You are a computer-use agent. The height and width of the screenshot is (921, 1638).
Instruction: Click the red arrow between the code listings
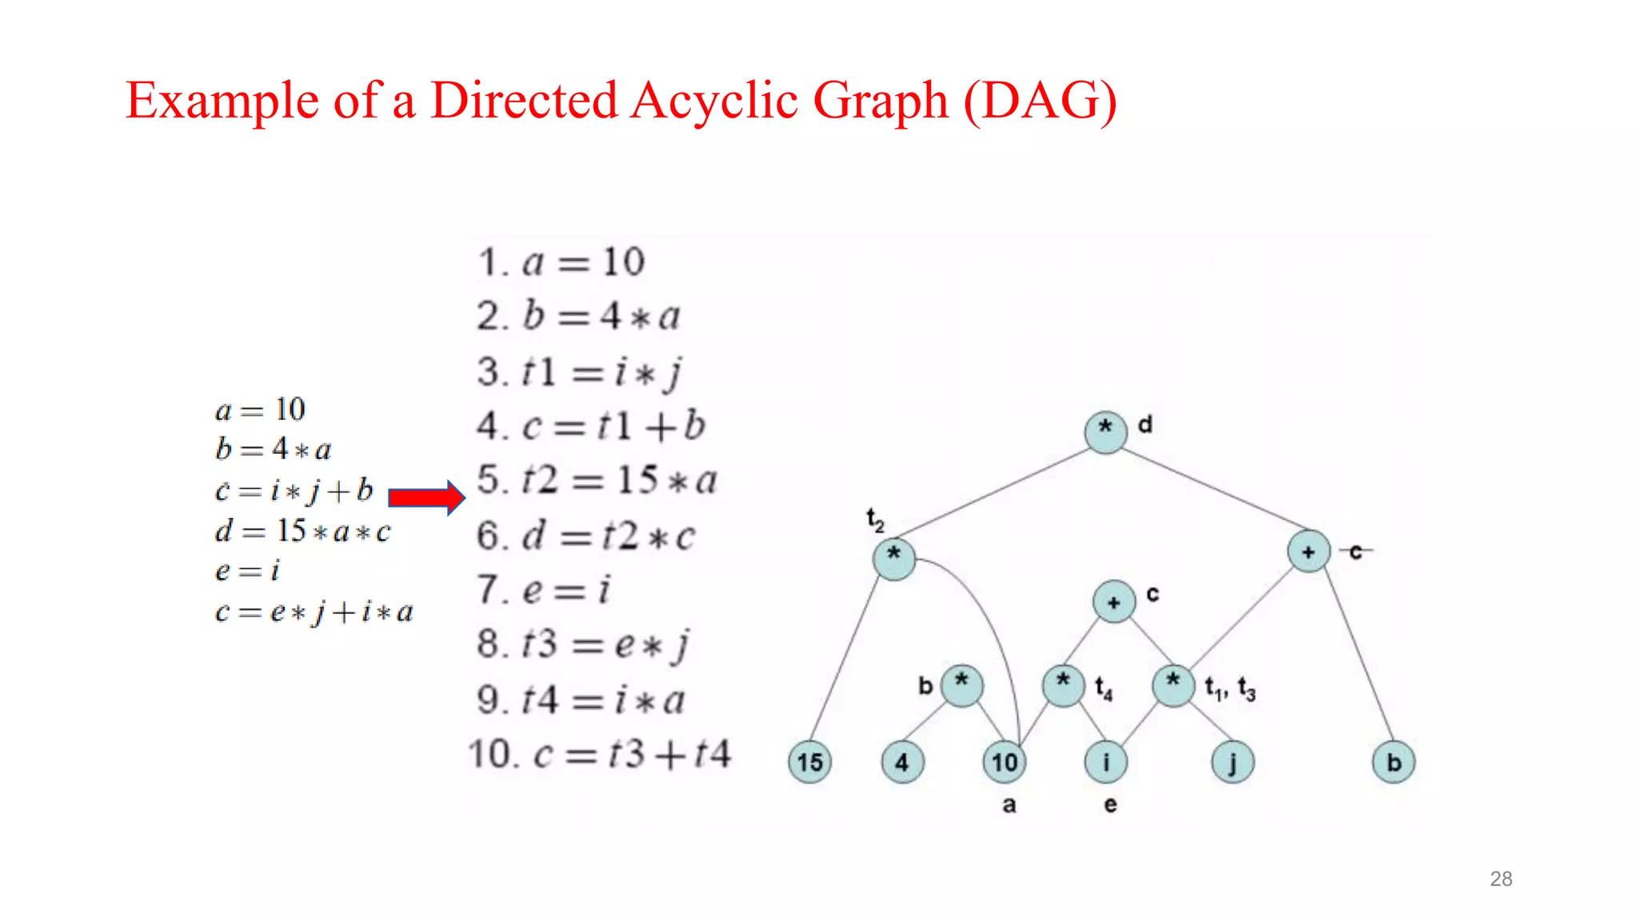point(425,498)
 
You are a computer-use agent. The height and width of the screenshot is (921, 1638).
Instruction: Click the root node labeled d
point(1105,432)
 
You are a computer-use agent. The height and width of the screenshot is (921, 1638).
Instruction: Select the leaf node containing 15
point(809,762)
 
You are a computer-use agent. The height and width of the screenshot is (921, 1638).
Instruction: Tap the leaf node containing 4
point(902,762)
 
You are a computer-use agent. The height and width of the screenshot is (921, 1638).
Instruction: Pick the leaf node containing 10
point(1005,762)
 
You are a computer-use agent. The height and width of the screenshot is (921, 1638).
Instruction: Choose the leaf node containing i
point(1106,762)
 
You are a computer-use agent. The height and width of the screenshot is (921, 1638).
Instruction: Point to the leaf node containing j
point(1232,762)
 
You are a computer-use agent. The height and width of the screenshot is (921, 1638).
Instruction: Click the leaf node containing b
point(1393,762)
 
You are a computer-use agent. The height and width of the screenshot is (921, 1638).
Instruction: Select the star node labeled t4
point(1063,685)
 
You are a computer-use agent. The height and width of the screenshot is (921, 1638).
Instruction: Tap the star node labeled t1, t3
point(1173,685)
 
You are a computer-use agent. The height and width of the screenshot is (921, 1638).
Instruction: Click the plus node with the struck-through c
point(1308,552)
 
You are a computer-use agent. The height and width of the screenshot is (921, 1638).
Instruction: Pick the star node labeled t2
point(894,557)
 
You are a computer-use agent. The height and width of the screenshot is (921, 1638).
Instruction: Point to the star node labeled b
point(961,685)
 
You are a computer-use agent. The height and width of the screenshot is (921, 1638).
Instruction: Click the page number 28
point(1500,879)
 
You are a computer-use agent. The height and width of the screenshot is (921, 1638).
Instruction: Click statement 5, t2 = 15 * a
point(597,480)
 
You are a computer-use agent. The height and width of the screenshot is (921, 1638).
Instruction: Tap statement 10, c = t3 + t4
point(599,754)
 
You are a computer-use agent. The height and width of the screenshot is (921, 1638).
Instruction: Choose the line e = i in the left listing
point(247,571)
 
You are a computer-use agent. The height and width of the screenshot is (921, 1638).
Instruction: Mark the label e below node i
point(1110,804)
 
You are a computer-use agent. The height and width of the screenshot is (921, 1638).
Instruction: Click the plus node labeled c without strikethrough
point(1114,602)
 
